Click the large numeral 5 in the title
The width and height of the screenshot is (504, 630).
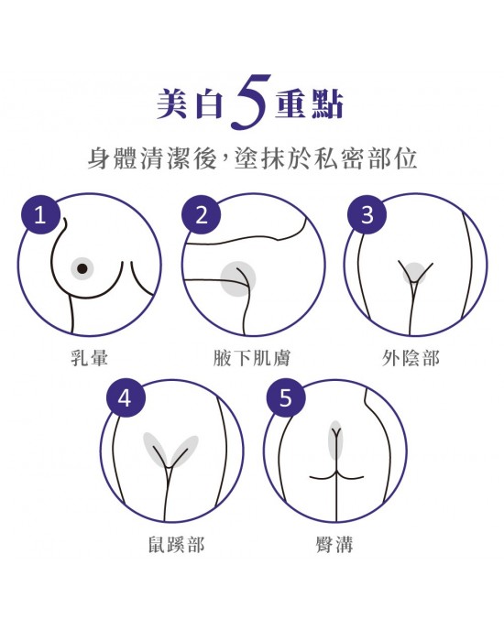pyautogui.click(x=249, y=102)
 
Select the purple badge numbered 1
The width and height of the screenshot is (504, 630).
pyautogui.click(x=40, y=215)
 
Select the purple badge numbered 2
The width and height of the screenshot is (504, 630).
pyautogui.click(x=201, y=215)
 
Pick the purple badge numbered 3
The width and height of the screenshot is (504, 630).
pyautogui.click(x=367, y=215)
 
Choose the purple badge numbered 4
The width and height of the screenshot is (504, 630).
pyautogui.click(x=126, y=398)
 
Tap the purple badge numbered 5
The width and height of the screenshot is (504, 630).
pyautogui.click(x=286, y=398)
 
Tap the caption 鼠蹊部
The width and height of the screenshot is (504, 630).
pyautogui.click(x=176, y=545)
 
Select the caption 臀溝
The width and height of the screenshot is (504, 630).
pyautogui.click(x=334, y=545)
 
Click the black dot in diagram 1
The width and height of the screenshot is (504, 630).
pyautogui.click(x=82, y=268)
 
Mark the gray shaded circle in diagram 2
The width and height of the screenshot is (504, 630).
pyautogui.click(x=237, y=279)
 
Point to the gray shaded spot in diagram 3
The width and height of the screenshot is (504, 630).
pyautogui.click(x=415, y=273)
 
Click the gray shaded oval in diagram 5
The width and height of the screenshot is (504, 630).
pyautogui.click(x=335, y=440)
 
